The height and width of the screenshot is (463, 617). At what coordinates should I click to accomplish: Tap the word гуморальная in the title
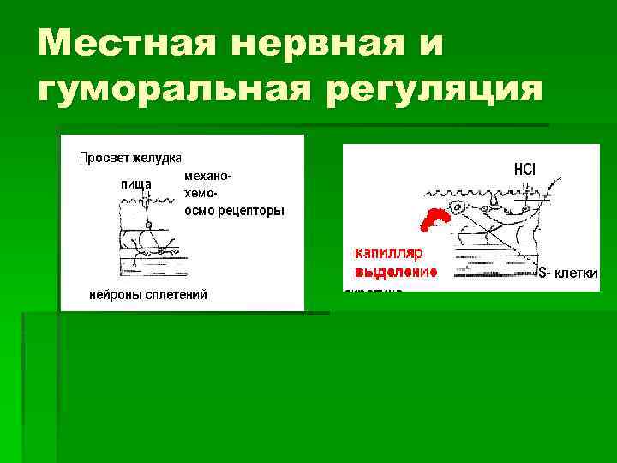(176, 89)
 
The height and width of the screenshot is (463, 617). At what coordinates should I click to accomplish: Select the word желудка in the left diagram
(157, 158)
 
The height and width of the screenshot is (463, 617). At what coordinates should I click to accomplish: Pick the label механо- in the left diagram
(207, 175)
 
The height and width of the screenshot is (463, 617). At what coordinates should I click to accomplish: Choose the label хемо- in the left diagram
(201, 194)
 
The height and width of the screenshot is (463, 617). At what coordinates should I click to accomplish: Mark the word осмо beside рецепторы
(198, 211)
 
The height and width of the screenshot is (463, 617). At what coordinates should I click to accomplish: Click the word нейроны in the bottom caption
(118, 295)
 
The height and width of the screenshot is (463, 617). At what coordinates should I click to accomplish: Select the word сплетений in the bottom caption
(179, 295)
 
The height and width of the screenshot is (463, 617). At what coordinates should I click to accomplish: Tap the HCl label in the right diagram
(524, 170)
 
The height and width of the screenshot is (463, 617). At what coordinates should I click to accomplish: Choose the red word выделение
(395, 272)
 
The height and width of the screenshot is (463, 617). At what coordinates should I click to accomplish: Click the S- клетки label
(567, 274)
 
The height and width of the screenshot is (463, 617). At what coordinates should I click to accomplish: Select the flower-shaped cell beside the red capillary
(460, 208)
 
